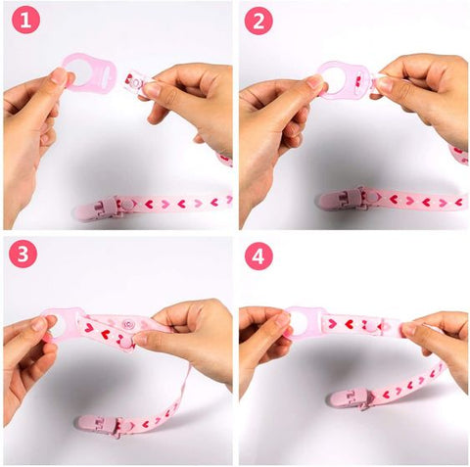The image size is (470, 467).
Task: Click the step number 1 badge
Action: click(x=24, y=21)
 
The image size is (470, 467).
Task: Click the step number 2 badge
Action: click(x=258, y=21)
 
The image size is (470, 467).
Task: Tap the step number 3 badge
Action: click(x=24, y=255)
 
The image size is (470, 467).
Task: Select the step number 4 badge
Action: click(x=258, y=255)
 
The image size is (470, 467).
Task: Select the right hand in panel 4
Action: click(x=436, y=338)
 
